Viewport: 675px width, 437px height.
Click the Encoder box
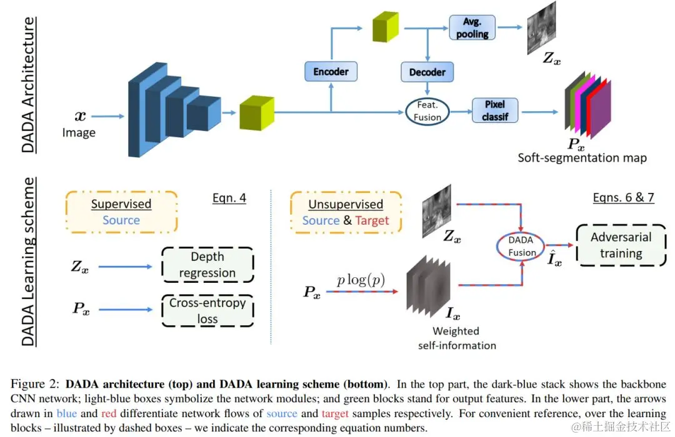331,72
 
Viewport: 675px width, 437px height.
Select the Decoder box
427,72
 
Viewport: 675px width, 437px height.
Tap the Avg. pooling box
472,27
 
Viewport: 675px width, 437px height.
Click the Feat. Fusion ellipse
427,112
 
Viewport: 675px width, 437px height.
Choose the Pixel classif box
494,110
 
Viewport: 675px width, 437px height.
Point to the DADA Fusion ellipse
521,246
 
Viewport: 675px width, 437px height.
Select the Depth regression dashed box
207,265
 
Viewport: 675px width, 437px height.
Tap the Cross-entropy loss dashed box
207,311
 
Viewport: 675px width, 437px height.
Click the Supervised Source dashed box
121,212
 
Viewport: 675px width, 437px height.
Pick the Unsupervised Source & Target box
346,212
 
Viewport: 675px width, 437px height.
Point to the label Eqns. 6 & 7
622,198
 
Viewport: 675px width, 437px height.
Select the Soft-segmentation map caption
582,157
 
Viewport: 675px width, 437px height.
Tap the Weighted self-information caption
457,338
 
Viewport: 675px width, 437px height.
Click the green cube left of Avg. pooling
385,27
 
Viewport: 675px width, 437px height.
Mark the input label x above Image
81,115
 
